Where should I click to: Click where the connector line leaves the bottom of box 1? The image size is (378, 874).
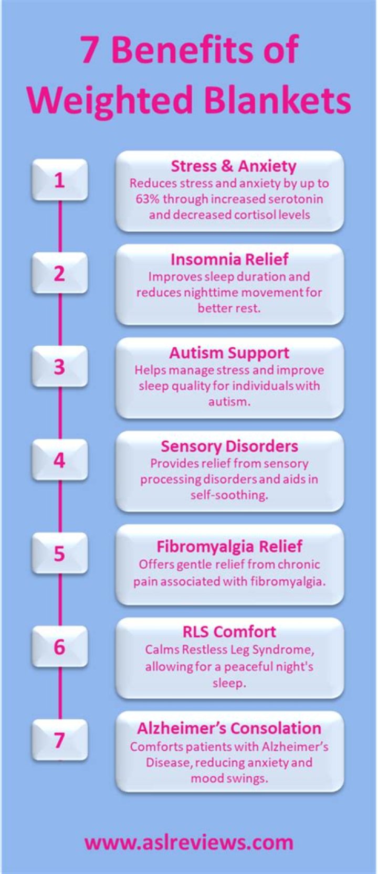tap(60, 201)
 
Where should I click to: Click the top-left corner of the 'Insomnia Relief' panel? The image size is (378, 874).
tap(117, 245)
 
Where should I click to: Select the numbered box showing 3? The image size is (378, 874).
tap(60, 366)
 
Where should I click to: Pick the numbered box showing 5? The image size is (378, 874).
tap(60, 553)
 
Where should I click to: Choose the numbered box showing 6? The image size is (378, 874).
tap(60, 646)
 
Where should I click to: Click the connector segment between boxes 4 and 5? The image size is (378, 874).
tap(60, 506)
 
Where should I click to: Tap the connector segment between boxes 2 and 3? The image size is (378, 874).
tap(60, 320)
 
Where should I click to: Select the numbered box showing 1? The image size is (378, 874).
tap(60, 180)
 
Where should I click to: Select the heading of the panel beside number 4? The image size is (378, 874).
tap(229, 446)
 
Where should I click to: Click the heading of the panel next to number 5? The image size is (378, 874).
tap(229, 546)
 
